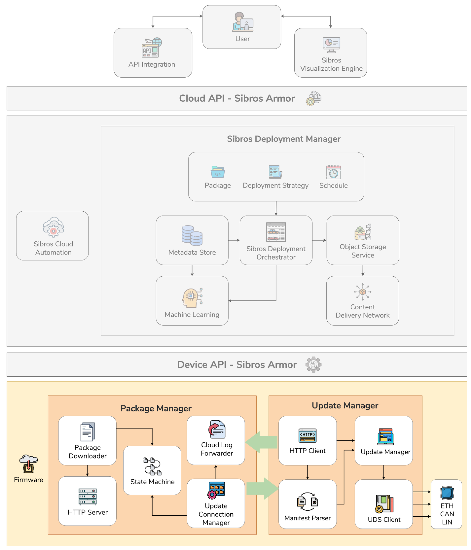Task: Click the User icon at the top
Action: tap(242, 22)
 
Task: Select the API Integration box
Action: tap(153, 53)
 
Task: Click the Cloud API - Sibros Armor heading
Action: tap(237, 98)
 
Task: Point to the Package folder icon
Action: tap(218, 172)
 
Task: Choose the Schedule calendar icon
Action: tap(333, 172)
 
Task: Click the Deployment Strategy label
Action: tap(275, 186)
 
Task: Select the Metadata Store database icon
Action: tap(192, 235)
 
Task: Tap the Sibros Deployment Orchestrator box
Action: tap(276, 240)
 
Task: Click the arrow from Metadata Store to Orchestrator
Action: tap(234, 240)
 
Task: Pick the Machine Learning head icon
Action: tap(192, 298)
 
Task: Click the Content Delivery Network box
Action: tap(362, 301)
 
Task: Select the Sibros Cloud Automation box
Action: tap(53, 236)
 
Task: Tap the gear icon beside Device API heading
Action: tap(313, 364)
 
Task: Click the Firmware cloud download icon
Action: tap(28, 464)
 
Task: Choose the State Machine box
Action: tap(152, 470)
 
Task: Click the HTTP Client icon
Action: tap(307, 435)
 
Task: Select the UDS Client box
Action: tap(383, 504)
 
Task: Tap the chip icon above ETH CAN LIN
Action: tap(447, 493)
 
